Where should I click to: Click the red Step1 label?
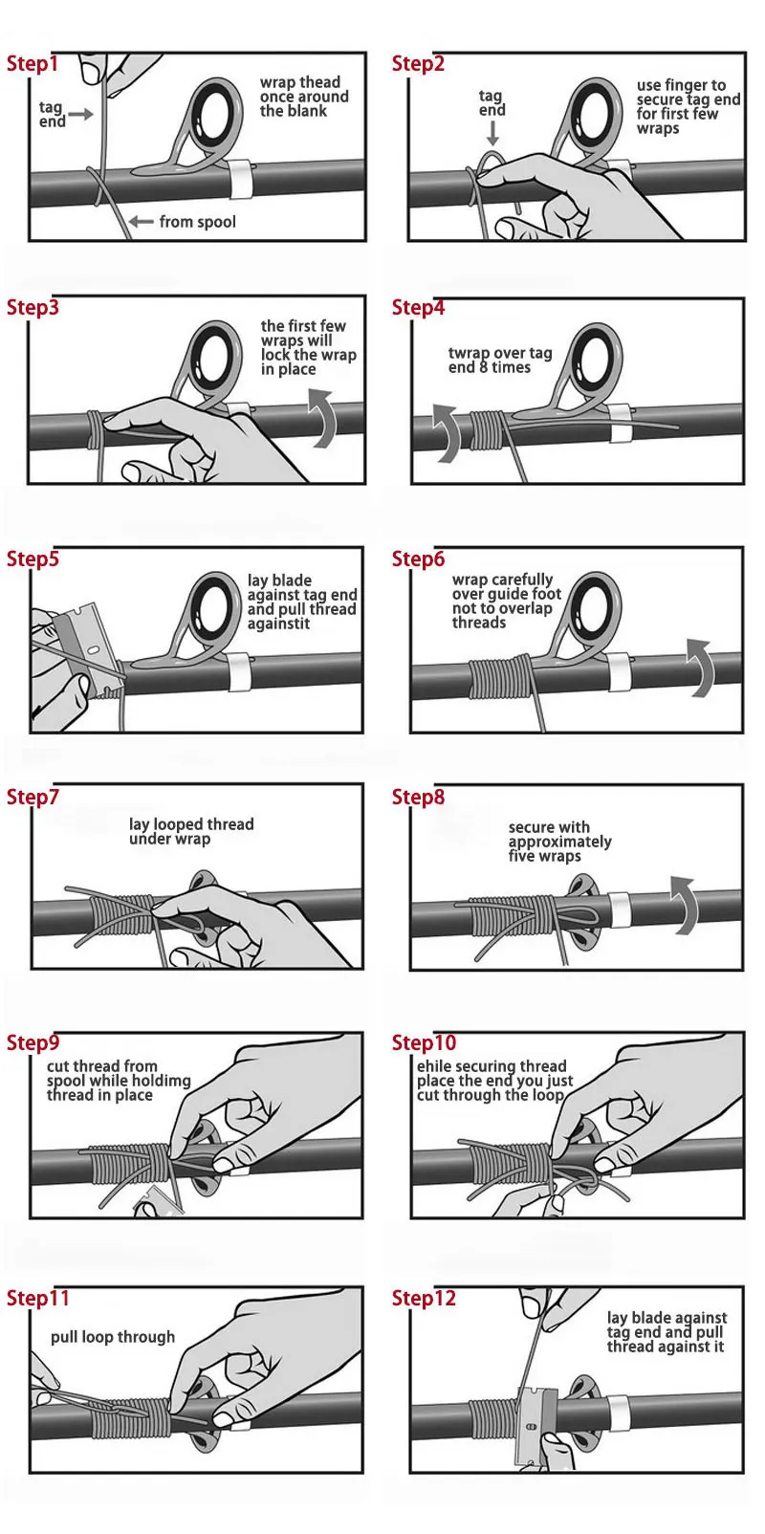[x=33, y=64]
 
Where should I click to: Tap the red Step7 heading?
[x=33, y=798]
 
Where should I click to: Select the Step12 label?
[x=424, y=1298]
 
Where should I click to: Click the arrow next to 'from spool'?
[x=141, y=221]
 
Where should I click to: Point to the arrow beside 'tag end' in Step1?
[x=81, y=115]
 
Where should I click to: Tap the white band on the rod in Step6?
[x=620, y=673]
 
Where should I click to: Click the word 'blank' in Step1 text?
[x=304, y=112]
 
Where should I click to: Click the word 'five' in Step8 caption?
[x=522, y=856]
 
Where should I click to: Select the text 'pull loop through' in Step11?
[x=113, y=1337]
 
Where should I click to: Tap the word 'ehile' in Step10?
[x=434, y=1066]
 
